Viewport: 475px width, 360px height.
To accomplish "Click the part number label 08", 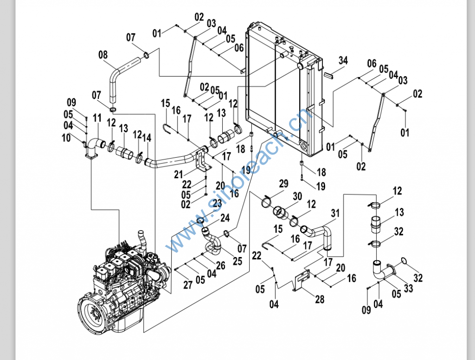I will click(103, 55).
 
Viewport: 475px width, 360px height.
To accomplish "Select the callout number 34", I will click(343, 60).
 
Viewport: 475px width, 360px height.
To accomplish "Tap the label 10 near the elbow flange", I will click(66, 137).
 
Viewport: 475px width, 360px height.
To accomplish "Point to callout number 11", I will click(96, 118).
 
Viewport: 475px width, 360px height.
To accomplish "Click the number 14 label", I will click(147, 138).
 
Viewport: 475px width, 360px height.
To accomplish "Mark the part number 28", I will click(320, 299).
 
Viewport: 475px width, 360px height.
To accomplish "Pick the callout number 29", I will click(283, 184).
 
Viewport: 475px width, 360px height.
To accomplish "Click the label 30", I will click(297, 196).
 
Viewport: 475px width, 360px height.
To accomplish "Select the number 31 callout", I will click(335, 213).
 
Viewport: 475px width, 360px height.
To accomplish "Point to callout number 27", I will click(187, 285).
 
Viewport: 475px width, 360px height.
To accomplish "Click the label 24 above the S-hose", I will click(225, 217).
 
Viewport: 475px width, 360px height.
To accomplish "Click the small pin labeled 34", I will click(330, 74).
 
